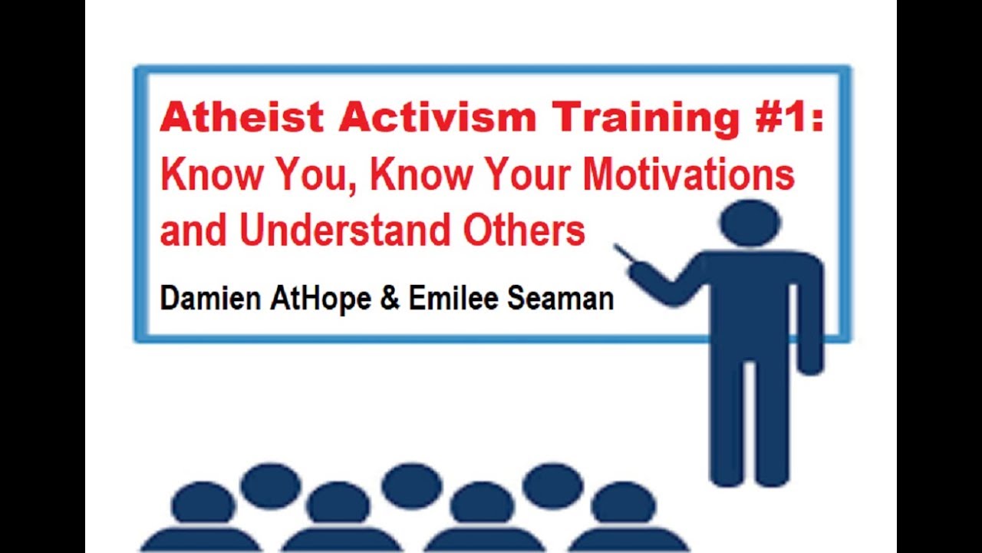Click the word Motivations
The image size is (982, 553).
pos(688,175)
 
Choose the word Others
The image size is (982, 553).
pos(525,230)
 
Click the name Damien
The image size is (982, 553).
pos(210,299)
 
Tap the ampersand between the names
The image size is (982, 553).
pos(390,299)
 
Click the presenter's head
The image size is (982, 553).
pos(750,223)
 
